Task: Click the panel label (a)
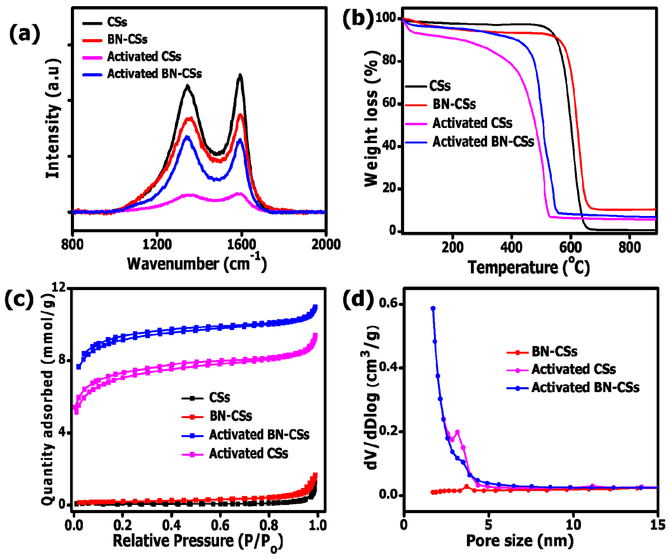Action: point(25,34)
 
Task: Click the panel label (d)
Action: point(358,300)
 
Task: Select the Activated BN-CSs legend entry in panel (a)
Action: point(154,74)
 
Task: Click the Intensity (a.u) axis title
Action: point(53,118)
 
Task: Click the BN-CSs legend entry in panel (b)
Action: point(454,105)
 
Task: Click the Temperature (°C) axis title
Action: point(529,267)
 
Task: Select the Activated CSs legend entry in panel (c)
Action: point(248,453)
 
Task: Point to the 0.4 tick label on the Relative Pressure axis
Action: point(172,525)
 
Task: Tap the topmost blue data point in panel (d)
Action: point(433,308)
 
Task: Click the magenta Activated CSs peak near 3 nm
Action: point(457,433)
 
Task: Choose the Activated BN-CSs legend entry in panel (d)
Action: point(585,388)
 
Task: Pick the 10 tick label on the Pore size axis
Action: point(573,525)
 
